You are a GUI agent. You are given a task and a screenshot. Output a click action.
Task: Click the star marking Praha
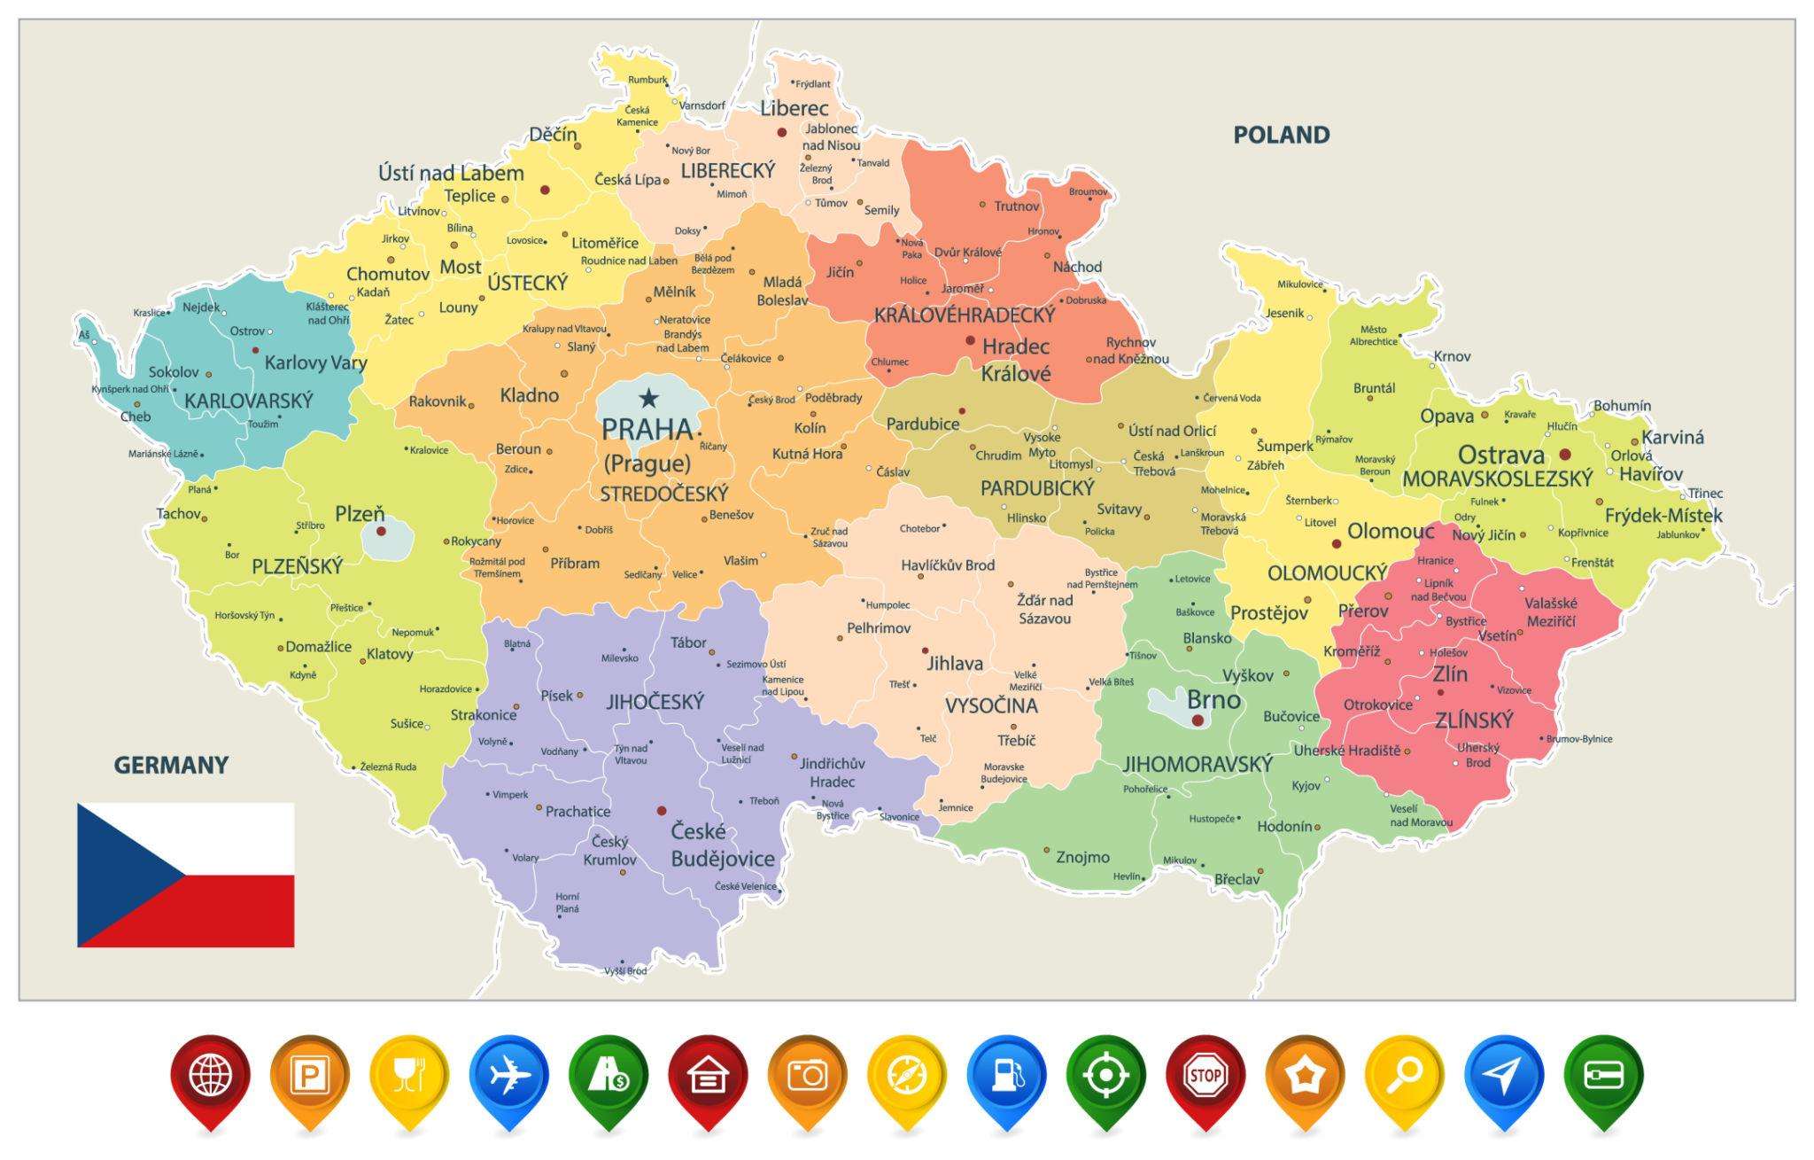pos(649,399)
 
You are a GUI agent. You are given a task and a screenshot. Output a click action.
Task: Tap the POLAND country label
pos(1281,136)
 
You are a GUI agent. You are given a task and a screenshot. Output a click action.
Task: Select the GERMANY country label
pos(171,765)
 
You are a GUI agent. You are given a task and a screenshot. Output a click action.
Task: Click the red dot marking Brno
pos(1198,720)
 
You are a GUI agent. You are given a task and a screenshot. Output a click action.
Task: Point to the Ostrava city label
pos(1500,455)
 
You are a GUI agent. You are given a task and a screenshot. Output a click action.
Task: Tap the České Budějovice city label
pos(722,845)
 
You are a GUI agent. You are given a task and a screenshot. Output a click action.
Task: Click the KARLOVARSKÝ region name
pos(248,401)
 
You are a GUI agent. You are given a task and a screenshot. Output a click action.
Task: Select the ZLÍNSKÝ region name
pos(1474,720)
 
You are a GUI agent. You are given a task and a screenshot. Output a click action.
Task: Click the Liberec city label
pos(795,109)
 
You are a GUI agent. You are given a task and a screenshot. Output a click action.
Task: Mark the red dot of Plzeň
pos(381,532)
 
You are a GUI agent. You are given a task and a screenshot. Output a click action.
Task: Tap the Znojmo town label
pos(1082,857)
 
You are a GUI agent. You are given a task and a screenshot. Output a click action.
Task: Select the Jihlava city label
pos(955,663)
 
